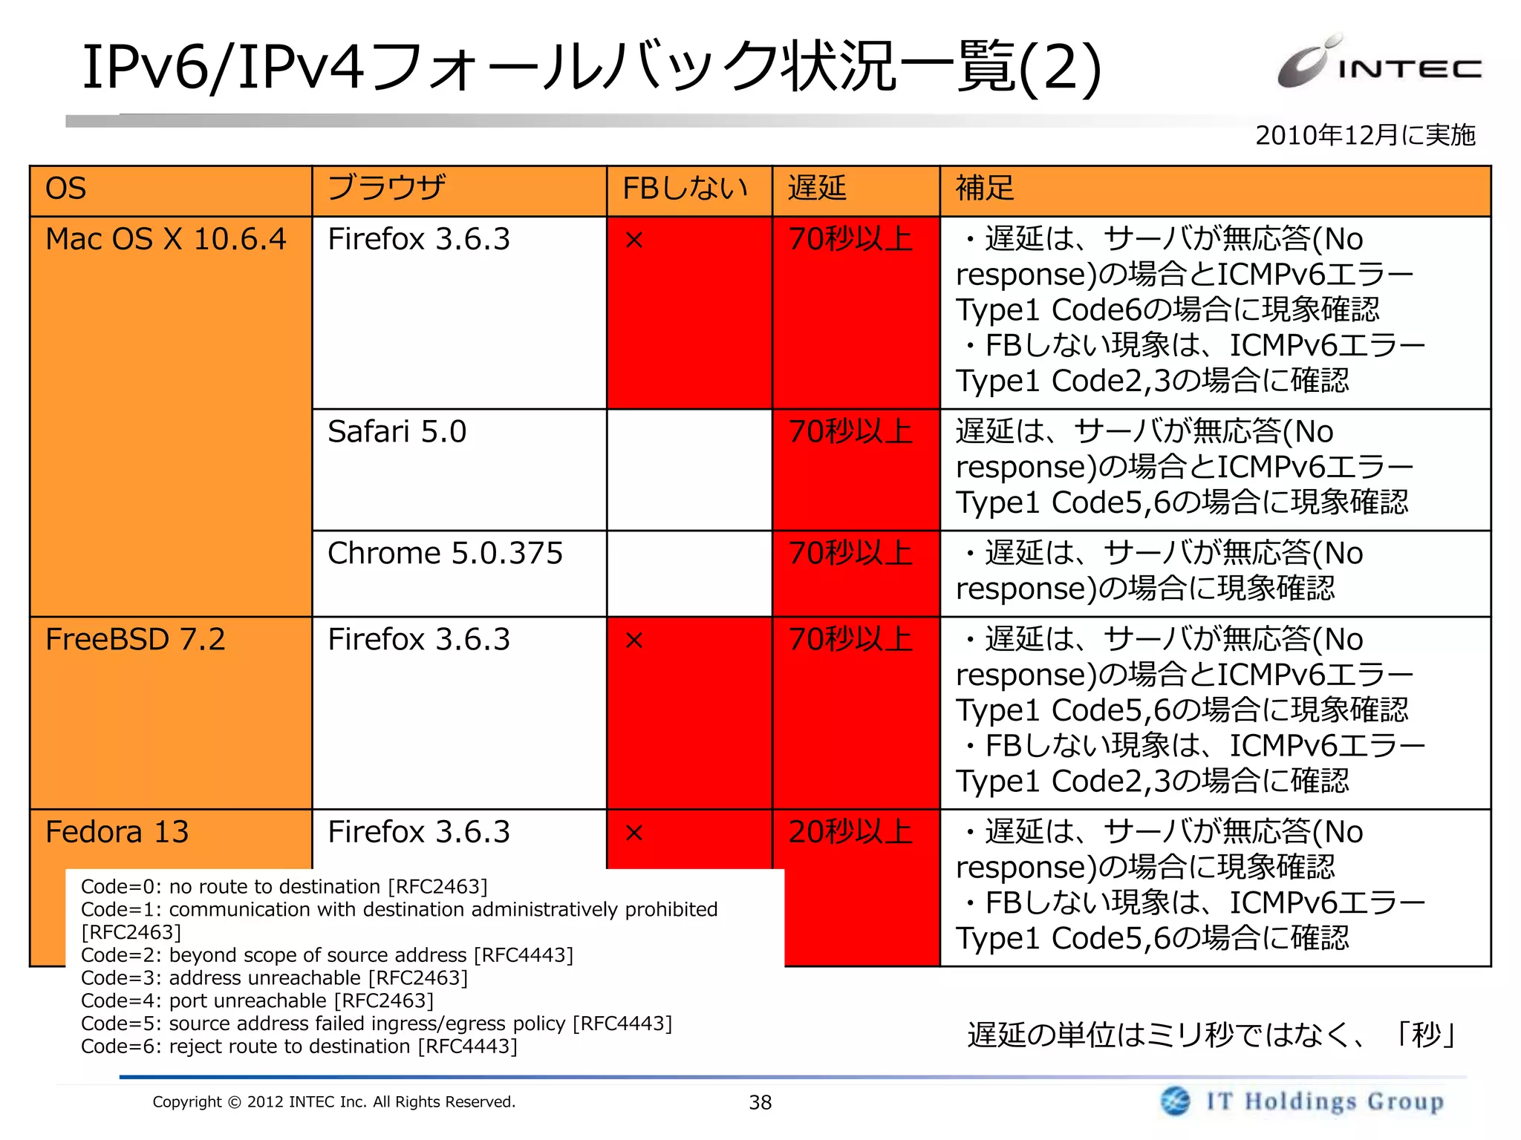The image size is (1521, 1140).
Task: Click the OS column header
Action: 66,189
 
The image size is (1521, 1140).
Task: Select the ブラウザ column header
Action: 387,189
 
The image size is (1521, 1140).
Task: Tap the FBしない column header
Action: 685,189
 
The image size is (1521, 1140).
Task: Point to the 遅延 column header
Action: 817,189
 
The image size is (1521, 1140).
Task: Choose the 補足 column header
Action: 985,189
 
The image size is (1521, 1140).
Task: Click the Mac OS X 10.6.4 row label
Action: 166,240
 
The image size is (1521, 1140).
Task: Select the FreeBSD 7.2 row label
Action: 135,640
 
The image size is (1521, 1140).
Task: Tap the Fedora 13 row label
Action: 117,832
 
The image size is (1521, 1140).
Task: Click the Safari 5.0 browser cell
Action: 397,432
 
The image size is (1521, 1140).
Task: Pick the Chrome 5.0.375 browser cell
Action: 446,554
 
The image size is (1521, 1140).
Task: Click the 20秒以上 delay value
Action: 851,832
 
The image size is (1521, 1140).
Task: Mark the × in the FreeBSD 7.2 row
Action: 634,641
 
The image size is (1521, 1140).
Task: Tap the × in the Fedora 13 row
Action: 634,833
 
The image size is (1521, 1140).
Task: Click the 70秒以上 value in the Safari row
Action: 851,432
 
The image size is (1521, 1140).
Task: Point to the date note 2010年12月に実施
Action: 1365,135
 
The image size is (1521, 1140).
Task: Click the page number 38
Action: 760,1103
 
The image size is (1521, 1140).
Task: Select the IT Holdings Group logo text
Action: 1325,1101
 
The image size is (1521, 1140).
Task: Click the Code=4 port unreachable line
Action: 257,1001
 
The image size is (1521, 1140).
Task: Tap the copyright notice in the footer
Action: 333,1102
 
